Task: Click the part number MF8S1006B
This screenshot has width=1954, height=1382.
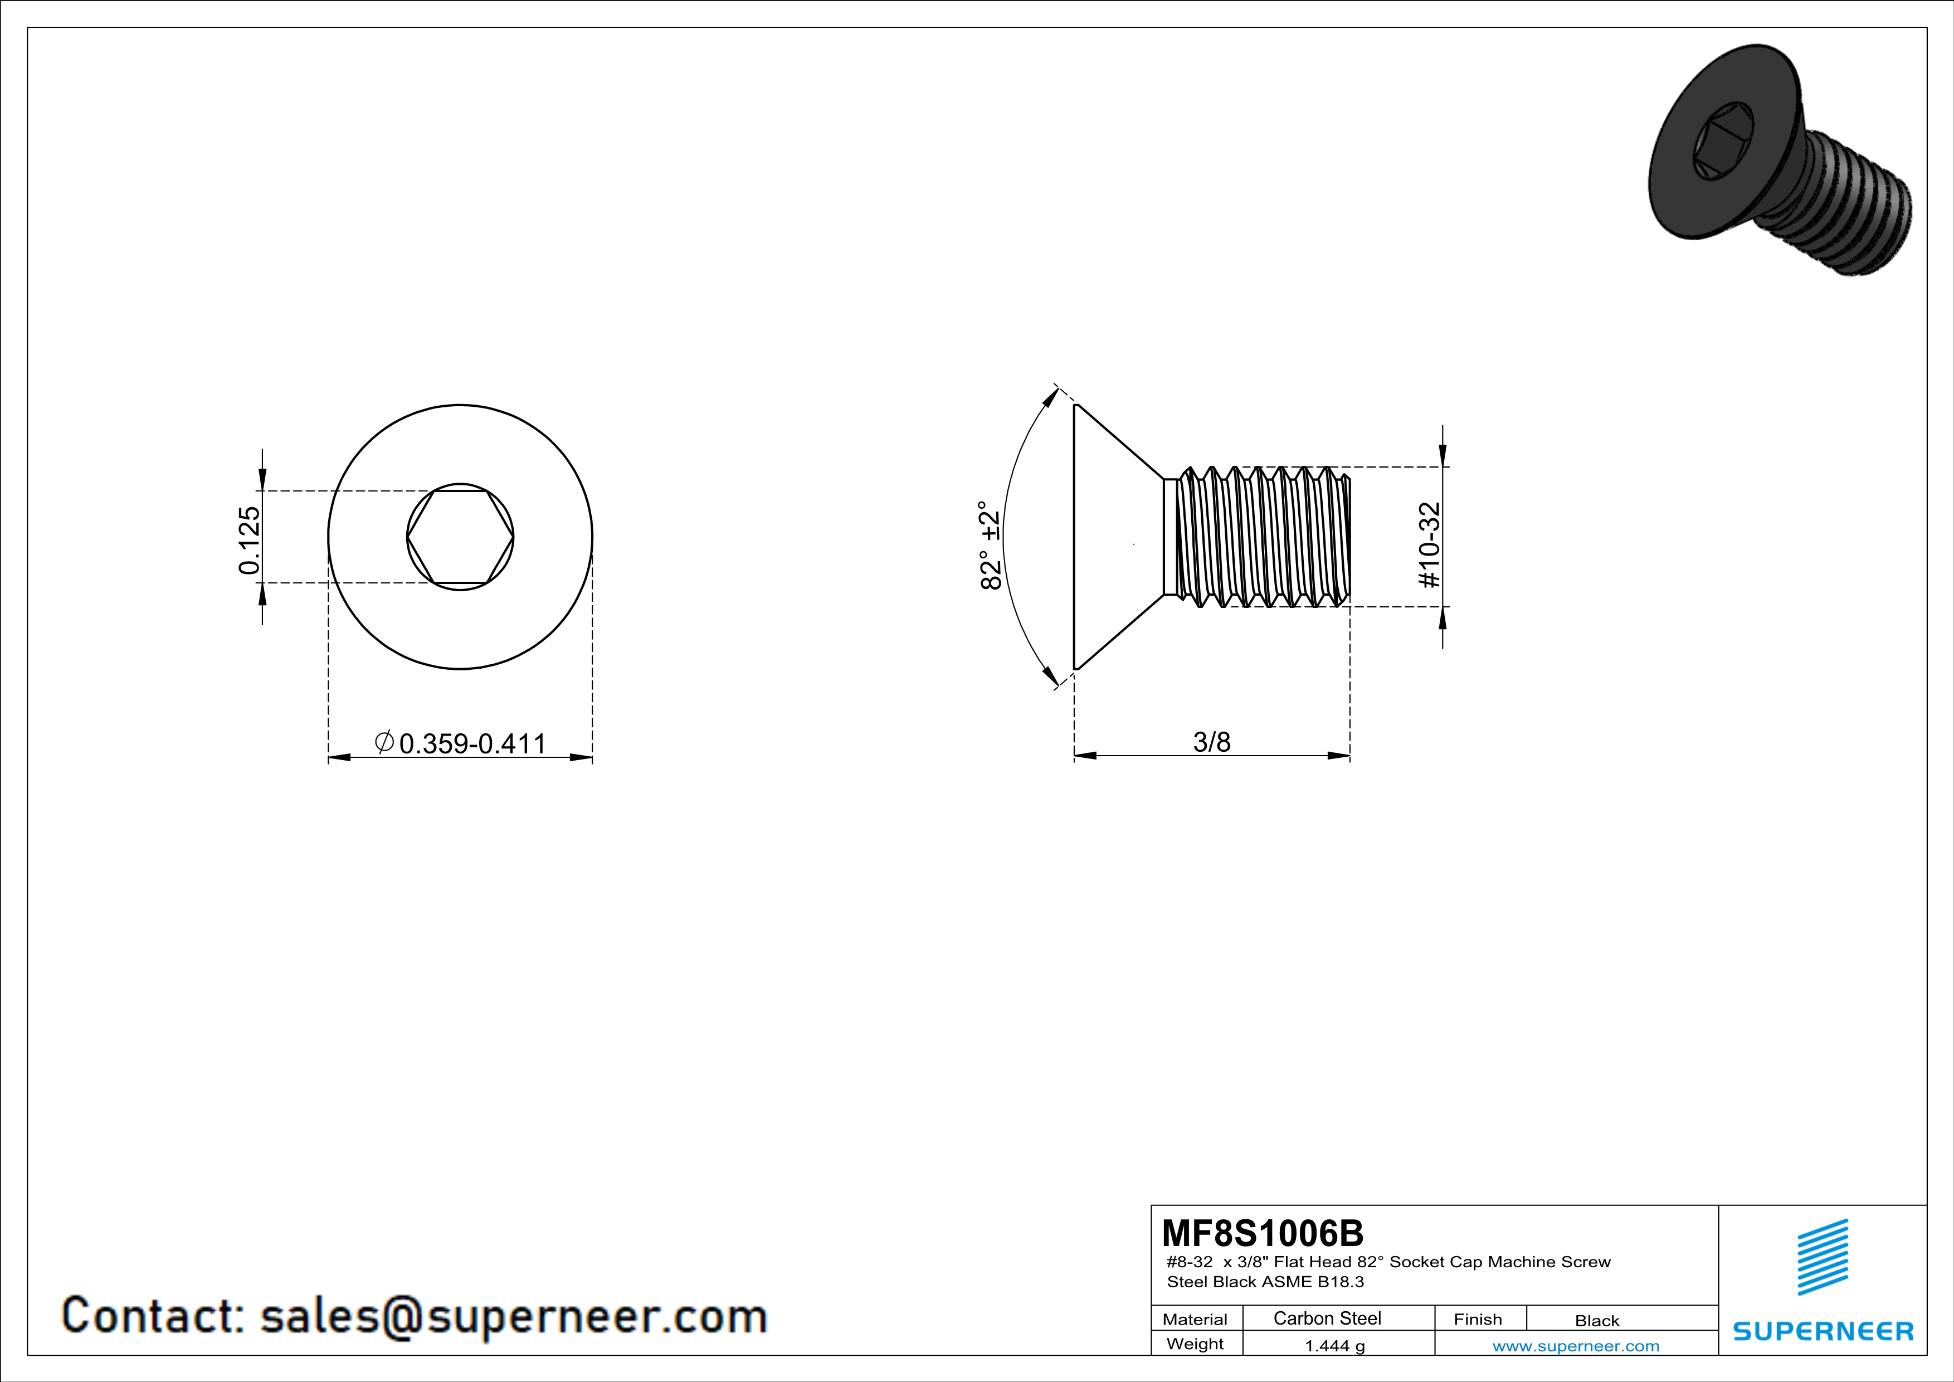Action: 1262,1232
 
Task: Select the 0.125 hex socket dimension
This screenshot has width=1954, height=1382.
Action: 250,541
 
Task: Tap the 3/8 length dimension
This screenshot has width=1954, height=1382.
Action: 1212,742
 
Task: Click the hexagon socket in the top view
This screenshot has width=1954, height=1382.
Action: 460,537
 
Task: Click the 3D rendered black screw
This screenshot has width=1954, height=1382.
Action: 1780,161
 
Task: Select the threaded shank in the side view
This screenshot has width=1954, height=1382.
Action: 1257,537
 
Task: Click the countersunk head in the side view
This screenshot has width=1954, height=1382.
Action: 1118,537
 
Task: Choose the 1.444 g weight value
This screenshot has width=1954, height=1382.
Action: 1334,1345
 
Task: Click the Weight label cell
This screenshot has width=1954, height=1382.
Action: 1195,1344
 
